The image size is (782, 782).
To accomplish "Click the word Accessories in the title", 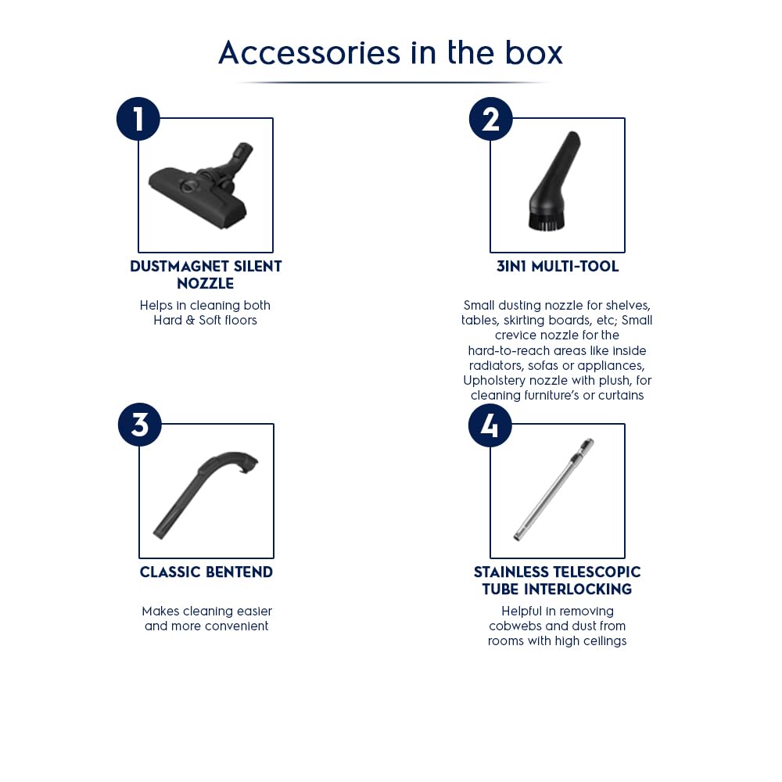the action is pyautogui.click(x=309, y=52).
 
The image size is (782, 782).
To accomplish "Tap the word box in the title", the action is pyautogui.click(x=533, y=52).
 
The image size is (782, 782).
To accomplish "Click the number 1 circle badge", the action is pyautogui.click(x=138, y=119).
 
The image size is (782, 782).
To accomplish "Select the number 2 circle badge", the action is pyautogui.click(x=491, y=119).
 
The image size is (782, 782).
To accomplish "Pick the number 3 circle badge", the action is pyautogui.click(x=140, y=425).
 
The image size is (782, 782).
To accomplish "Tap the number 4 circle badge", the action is pyautogui.click(x=490, y=425).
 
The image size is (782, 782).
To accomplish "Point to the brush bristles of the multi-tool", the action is pyautogui.click(x=547, y=222).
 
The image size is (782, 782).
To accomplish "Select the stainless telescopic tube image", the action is pyautogui.click(x=554, y=490).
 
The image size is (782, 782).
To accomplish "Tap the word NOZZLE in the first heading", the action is pyautogui.click(x=206, y=283).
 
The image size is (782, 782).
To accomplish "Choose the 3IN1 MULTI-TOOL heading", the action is pyautogui.click(x=558, y=267).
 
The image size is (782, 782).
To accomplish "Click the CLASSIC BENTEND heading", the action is pyautogui.click(x=206, y=572).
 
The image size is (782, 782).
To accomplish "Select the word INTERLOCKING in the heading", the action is pyautogui.click(x=578, y=589).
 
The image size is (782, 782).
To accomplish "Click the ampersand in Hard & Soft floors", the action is pyautogui.click(x=190, y=320).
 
